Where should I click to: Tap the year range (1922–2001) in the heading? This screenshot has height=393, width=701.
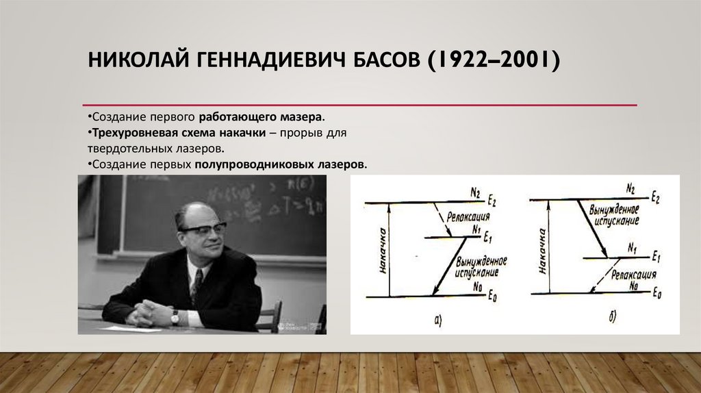click(494, 60)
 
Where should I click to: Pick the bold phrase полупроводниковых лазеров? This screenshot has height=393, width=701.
click(281, 165)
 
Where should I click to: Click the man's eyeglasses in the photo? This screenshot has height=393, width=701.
click(203, 229)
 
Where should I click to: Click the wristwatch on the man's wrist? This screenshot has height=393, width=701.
click(175, 316)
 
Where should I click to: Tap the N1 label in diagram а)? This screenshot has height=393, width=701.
click(476, 231)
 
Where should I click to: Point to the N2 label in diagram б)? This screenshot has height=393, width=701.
click(630, 188)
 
